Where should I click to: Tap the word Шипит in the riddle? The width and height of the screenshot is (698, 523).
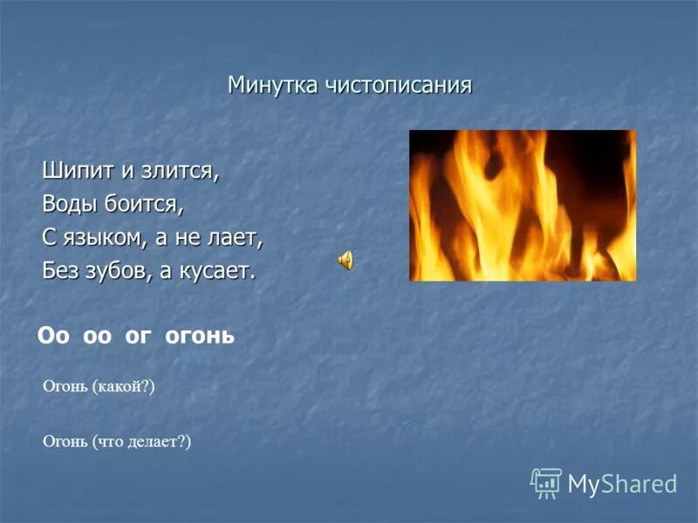click(x=74, y=171)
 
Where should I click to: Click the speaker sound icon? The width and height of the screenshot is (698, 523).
click(x=346, y=259)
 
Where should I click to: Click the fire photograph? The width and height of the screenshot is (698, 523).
click(x=523, y=206)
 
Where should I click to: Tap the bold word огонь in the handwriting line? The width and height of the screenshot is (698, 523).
click(x=200, y=336)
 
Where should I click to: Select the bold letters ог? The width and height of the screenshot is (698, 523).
click(x=138, y=336)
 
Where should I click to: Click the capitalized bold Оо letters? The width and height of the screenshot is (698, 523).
click(x=53, y=336)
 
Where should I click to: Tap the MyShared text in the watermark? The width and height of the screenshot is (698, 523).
click(x=622, y=484)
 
